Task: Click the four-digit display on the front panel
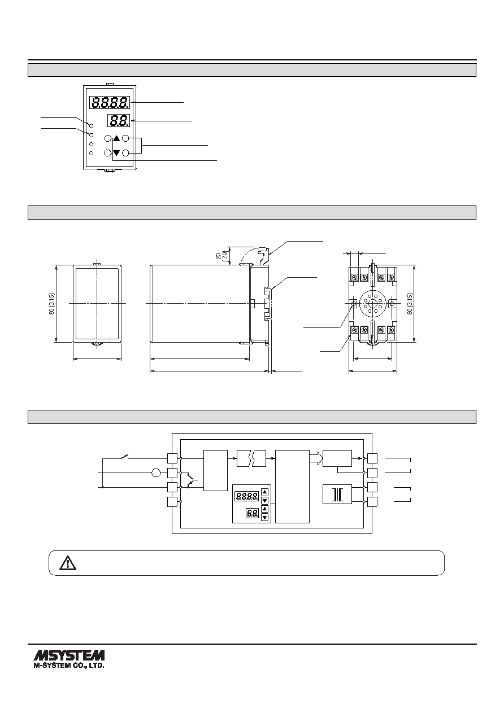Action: pyautogui.click(x=110, y=102)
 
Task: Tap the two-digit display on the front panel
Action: pyautogui.click(x=119, y=121)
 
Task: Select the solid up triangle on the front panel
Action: pyautogui.click(x=116, y=138)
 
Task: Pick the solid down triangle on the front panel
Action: pyautogui.click(x=116, y=153)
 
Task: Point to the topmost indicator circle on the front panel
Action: pyautogui.click(x=91, y=126)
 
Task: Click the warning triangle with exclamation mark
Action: pyautogui.click(x=68, y=563)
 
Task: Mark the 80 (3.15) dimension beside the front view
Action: pyautogui.click(x=51, y=304)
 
